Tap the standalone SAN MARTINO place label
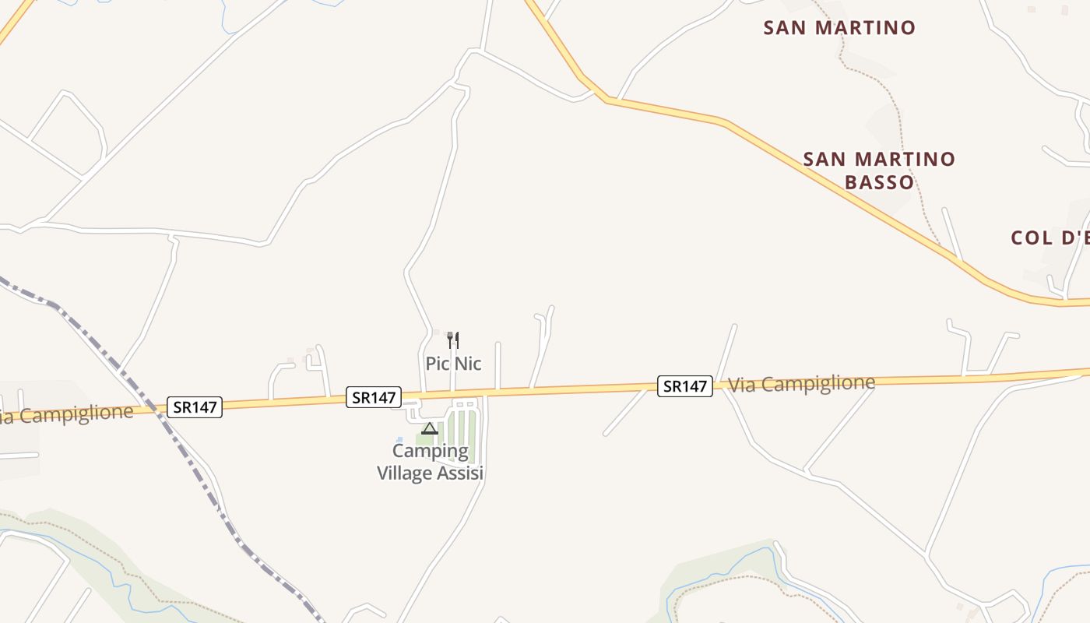[839, 28]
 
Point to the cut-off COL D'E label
[1050, 238]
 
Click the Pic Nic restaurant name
[453, 364]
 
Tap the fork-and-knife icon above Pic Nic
[453, 340]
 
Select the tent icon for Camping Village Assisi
[430, 428]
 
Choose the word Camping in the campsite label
[431, 451]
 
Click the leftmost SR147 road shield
[195, 407]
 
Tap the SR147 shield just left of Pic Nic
[374, 397]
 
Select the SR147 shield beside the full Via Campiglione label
[685, 385]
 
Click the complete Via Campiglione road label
[801, 383]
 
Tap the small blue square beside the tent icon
[399, 440]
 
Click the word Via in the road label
[740, 385]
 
